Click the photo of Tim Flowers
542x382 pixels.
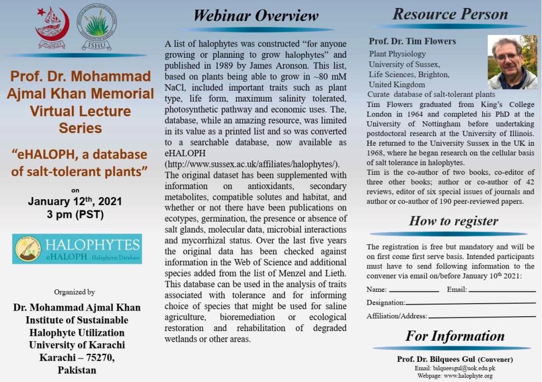(x=512, y=62)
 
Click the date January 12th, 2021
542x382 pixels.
(x=75, y=202)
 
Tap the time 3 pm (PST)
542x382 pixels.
(x=75, y=215)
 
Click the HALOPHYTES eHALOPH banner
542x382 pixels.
(x=77, y=248)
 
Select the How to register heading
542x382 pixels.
(x=454, y=221)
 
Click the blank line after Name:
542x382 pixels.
(x=414, y=290)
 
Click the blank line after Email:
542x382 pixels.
(x=502, y=290)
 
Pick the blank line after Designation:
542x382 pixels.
(x=471, y=304)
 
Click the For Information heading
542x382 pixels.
(x=455, y=336)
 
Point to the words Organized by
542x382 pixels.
(x=75, y=292)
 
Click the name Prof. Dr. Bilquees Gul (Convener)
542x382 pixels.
(x=455, y=359)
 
